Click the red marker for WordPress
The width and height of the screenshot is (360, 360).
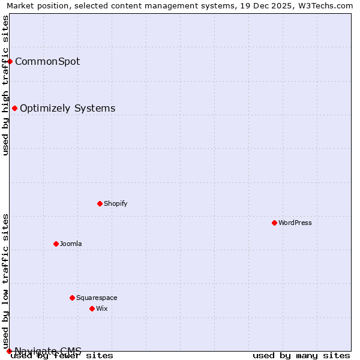[x=274, y=223]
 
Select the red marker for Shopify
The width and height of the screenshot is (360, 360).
[x=100, y=203]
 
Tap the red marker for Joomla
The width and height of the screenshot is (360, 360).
[x=56, y=244]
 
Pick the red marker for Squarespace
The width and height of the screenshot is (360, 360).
[x=72, y=298]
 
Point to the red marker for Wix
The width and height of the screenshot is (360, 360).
[x=92, y=308]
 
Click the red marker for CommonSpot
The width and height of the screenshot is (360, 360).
[x=10, y=61]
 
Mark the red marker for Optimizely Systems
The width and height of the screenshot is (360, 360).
[x=14, y=108]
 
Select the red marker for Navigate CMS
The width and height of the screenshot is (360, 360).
[x=9, y=351]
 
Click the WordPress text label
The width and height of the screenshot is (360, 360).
[x=295, y=223]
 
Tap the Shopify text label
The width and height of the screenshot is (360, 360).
[x=116, y=203]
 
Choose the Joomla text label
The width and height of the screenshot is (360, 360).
[x=71, y=244]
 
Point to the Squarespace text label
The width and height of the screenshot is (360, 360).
[x=97, y=298]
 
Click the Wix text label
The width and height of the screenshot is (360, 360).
[x=102, y=308]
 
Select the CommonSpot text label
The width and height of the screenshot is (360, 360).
[x=47, y=61]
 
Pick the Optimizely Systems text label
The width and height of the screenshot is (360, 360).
[x=68, y=108]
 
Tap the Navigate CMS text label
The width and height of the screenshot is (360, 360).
[x=48, y=350]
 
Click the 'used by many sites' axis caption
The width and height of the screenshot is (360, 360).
[x=301, y=356]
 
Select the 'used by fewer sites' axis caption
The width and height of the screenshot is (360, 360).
[x=62, y=356]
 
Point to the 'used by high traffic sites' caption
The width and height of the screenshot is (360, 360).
[x=6, y=86]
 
